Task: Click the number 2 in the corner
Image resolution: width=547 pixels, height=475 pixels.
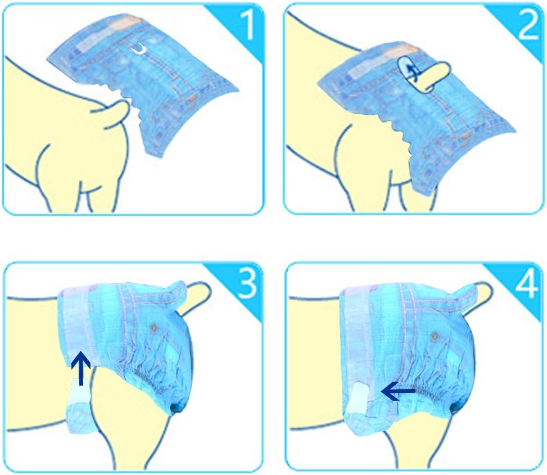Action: tap(528, 24)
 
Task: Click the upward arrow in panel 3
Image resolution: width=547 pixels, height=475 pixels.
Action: tap(81, 368)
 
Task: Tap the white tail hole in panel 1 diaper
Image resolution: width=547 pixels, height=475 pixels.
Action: tap(140, 49)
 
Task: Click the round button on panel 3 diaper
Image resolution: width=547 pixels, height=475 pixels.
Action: tap(153, 328)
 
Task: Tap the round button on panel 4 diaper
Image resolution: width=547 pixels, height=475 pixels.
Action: tap(435, 337)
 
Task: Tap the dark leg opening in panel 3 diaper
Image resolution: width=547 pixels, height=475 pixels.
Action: tap(177, 406)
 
